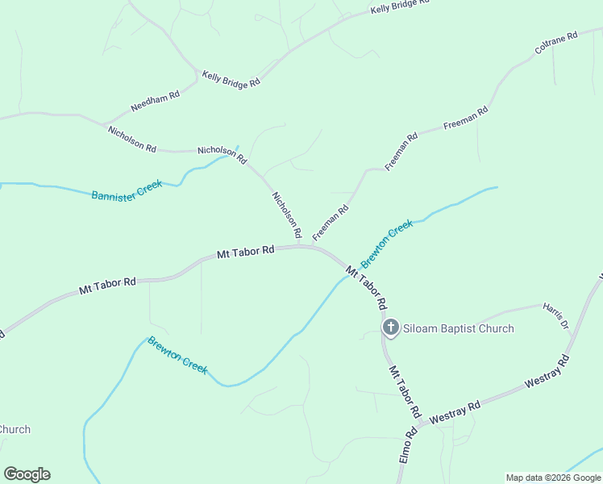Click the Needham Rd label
point(156,102)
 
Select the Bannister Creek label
point(127,190)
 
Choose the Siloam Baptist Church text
point(458,328)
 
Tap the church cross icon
point(390,328)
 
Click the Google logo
point(27,474)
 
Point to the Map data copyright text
point(553,478)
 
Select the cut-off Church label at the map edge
point(15,429)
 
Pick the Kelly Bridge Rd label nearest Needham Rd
point(231,78)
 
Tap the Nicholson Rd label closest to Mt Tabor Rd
point(287,215)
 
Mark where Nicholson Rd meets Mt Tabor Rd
point(301,247)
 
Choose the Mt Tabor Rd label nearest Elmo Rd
point(405,391)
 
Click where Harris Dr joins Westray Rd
point(569,353)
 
